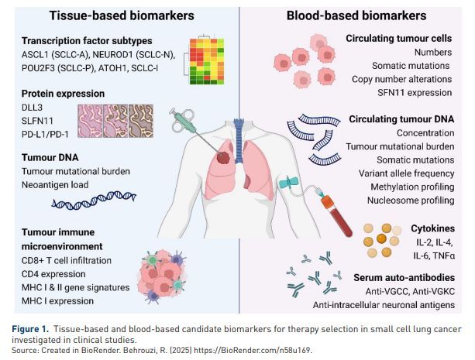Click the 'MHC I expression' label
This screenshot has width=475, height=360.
tap(52, 301)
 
